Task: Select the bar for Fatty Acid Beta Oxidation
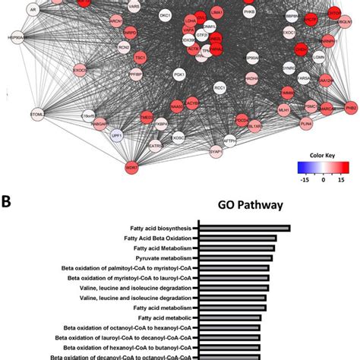coord(236,238)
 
